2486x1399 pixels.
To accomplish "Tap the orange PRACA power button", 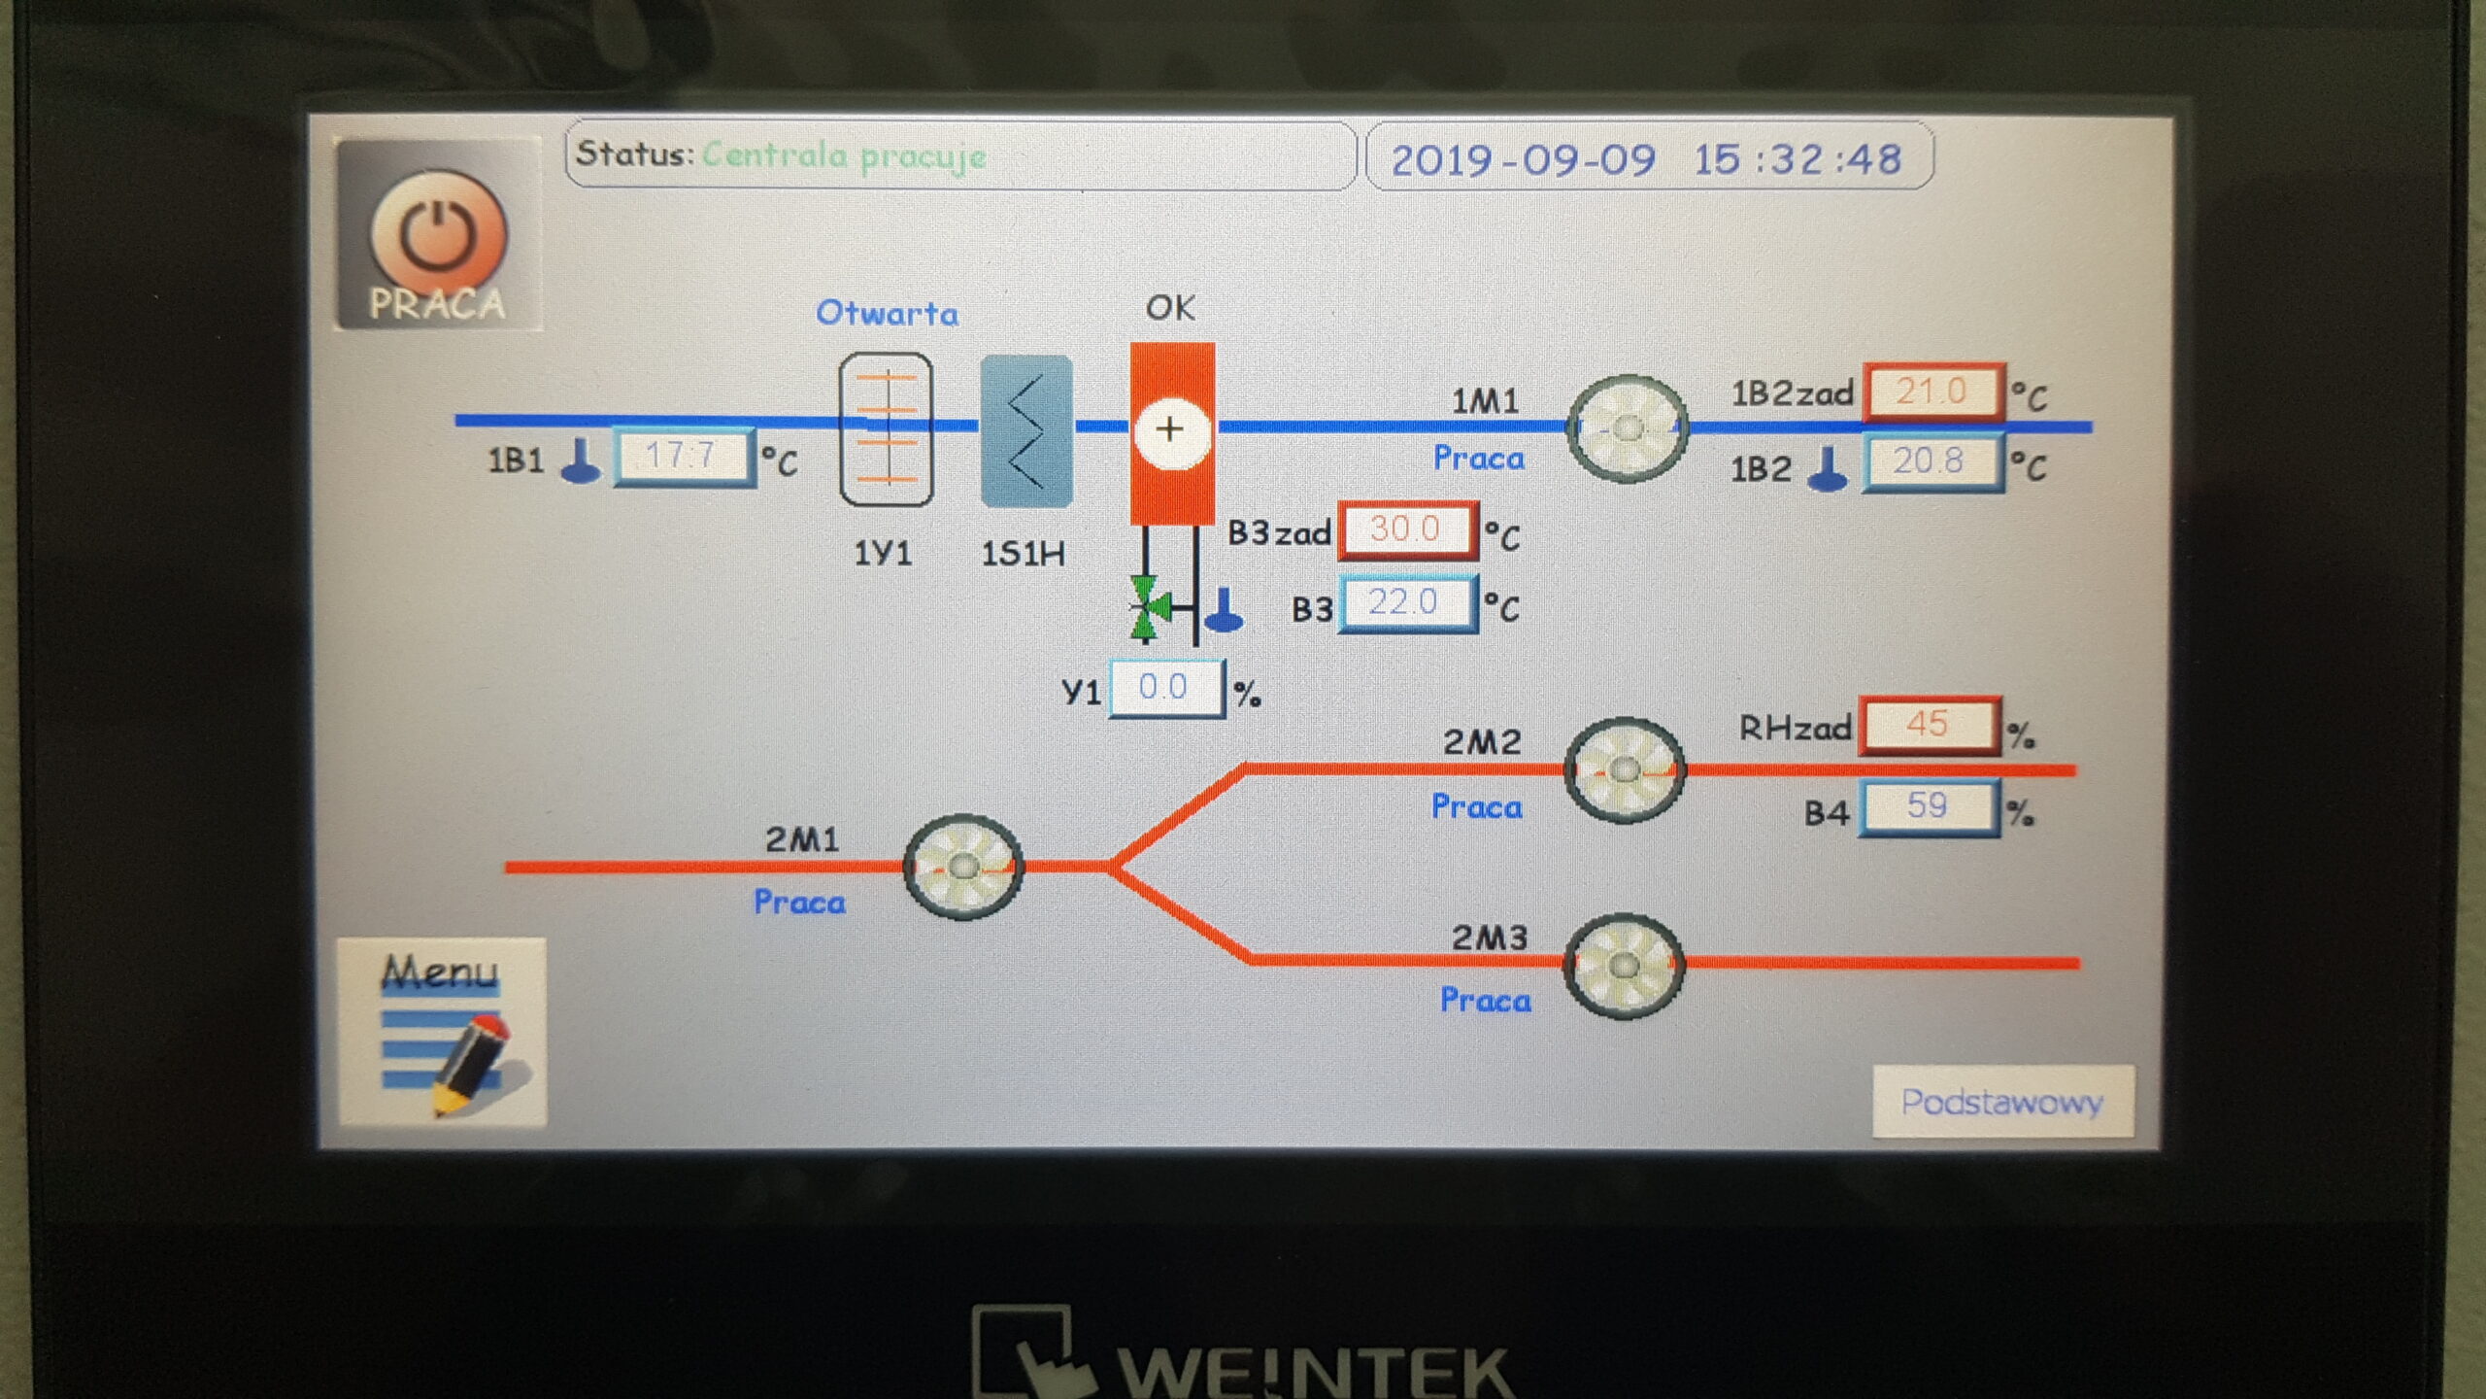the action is click(439, 235).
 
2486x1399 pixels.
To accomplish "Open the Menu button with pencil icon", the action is click(442, 1031).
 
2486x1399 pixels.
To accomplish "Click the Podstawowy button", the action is click(2002, 1102).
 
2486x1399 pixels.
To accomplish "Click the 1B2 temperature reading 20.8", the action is click(1932, 462).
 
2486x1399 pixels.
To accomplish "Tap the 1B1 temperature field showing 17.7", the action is click(684, 456).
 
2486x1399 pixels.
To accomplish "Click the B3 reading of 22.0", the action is click(1407, 603).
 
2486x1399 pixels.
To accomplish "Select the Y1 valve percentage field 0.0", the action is click(1165, 688).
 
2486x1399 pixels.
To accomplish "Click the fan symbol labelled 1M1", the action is click(1628, 428).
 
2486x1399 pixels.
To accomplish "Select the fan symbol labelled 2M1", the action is click(962, 866).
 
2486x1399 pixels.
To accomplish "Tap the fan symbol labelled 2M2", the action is click(1624, 770).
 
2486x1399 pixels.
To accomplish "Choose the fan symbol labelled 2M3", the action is click(1624, 965).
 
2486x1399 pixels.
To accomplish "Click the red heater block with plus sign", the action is click(1172, 432).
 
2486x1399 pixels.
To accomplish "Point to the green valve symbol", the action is click(1147, 608).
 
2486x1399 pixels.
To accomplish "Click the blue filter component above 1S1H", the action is click(1026, 430).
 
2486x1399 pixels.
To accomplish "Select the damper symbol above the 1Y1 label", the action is click(886, 428).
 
